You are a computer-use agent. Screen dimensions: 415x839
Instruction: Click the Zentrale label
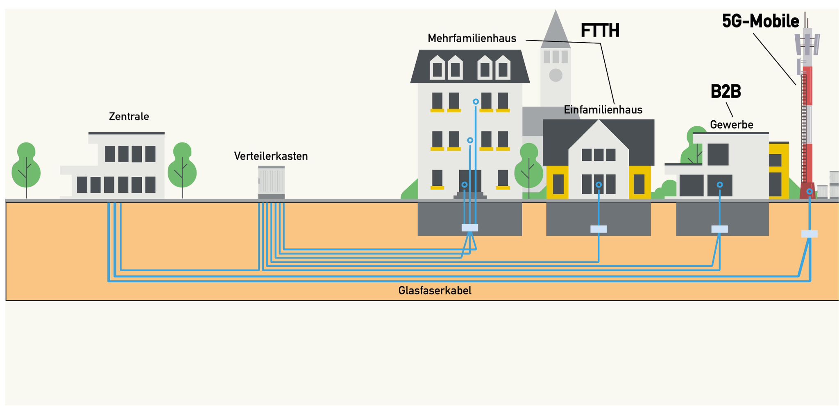(x=129, y=117)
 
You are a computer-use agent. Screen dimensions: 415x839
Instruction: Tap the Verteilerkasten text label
(x=271, y=156)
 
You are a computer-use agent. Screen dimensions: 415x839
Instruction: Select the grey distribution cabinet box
(x=271, y=182)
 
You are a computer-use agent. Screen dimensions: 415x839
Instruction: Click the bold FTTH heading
(x=600, y=31)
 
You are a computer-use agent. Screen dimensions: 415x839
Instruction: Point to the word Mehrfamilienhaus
(x=472, y=39)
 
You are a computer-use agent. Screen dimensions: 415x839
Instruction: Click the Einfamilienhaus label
(x=603, y=110)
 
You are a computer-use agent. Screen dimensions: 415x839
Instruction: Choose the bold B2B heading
(x=726, y=92)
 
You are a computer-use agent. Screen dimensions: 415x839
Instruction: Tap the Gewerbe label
(x=731, y=125)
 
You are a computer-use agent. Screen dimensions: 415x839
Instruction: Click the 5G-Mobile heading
(x=760, y=22)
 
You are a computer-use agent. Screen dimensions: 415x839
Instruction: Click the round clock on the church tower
(x=556, y=75)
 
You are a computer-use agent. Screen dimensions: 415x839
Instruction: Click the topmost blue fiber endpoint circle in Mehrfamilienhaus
(x=476, y=101)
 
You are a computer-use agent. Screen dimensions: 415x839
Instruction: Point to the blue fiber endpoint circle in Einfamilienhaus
(x=599, y=185)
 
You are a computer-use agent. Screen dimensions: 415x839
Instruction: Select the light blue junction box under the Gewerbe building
(x=719, y=229)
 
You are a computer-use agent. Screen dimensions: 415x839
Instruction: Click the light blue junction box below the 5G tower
(x=809, y=234)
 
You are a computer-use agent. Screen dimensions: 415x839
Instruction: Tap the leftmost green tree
(x=26, y=166)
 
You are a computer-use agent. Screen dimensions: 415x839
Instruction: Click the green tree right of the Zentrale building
(x=182, y=166)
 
